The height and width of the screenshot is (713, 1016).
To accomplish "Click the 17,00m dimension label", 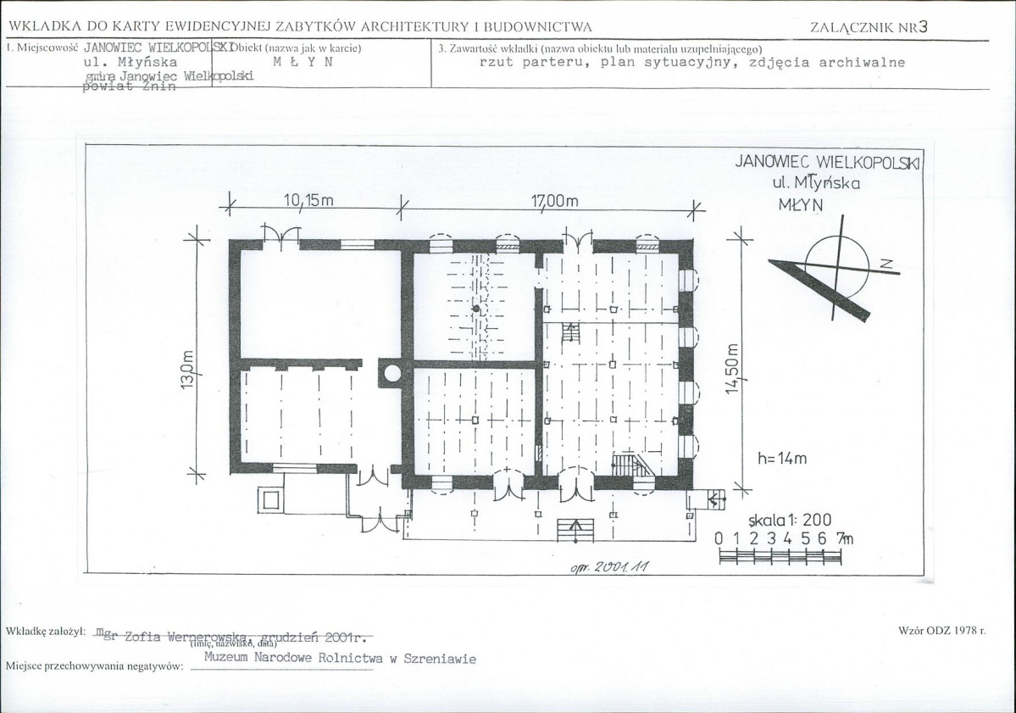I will click(554, 201).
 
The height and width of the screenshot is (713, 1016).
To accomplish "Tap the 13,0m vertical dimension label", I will click(187, 371).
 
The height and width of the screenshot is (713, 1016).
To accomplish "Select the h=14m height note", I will click(782, 459).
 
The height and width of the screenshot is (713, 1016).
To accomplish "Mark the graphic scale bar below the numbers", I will click(780, 556).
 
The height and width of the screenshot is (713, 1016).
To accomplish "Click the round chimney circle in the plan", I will click(391, 371).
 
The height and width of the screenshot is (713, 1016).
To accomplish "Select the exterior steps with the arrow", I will click(575, 530).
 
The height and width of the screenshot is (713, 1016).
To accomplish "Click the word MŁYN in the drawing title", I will click(800, 203).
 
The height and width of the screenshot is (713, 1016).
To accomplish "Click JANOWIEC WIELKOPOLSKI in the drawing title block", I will click(827, 162).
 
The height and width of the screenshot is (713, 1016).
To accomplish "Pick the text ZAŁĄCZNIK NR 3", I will click(869, 26).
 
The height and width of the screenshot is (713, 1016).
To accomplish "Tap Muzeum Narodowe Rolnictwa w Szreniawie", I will click(341, 658).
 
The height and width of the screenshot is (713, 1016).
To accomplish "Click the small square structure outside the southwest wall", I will click(269, 499).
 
